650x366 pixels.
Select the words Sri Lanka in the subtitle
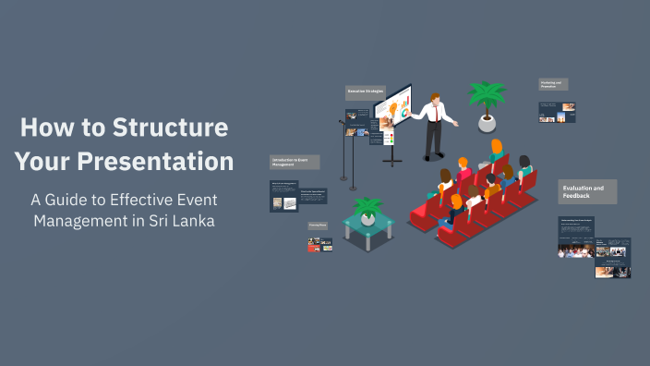[180, 222]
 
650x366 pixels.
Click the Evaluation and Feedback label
[587, 191]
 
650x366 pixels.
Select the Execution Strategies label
[365, 92]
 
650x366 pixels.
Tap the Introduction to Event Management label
[295, 163]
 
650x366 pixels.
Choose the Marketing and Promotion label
[553, 84]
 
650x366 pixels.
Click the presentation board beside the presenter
[393, 116]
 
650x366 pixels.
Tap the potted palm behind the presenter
[487, 96]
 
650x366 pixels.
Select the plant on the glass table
[368, 207]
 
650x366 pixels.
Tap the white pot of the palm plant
[487, 123]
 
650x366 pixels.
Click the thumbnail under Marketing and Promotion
[557, 112]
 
